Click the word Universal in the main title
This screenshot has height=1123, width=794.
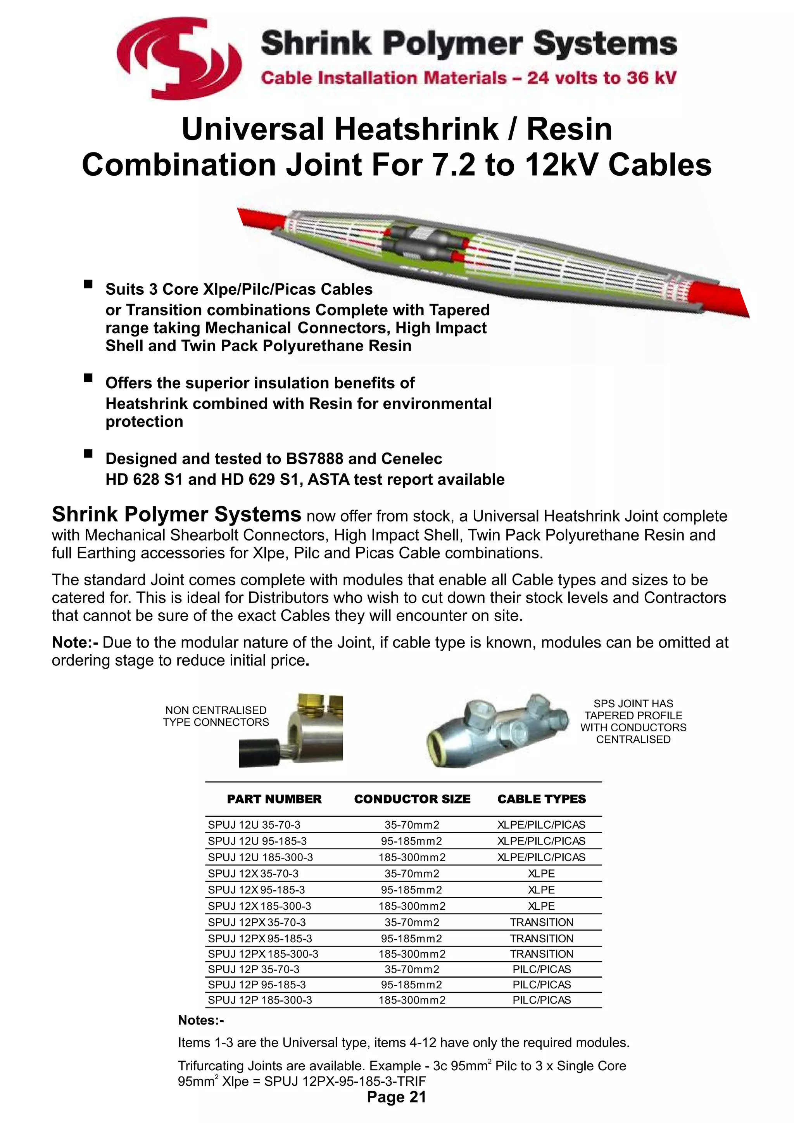(x=253, y=129)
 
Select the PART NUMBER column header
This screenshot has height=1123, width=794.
(x=274, y=799)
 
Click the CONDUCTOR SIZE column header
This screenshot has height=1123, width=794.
(x=412, y=799)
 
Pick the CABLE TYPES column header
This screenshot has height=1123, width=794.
(x=541, y=799)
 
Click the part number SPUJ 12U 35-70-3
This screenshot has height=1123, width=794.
(x=254, y=825)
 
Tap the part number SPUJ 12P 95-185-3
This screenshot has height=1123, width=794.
(x=257, y=985)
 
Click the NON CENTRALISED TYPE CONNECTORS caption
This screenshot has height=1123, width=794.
(x=216, y=716)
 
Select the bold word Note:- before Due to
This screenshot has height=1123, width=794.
(x=75, y=642)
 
